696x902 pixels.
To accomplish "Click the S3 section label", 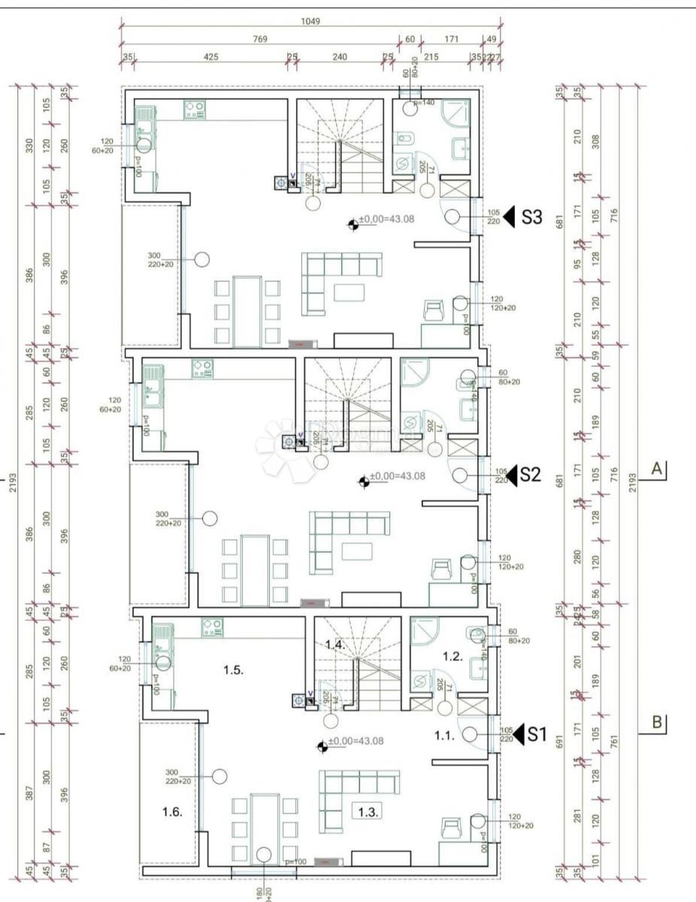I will tap(531, 217).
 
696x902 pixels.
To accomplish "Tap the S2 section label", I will tap(531, 475).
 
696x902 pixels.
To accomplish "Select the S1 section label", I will tap(534, 734).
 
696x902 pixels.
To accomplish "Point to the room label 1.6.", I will tap(172, 812).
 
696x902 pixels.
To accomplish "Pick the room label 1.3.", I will tap(369, 813).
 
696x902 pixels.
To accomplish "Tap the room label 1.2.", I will tap(452, 656).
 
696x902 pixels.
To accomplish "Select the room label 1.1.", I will tap(445, 736).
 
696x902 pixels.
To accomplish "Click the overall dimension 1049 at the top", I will tap(310, 21).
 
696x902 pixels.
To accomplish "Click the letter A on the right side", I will tap(656, 469).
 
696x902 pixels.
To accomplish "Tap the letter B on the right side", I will tap(656, 722).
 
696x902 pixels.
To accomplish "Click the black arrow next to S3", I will tap(509, 217).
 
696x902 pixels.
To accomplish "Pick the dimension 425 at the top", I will tap(211, 56).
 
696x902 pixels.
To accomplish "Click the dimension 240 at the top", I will tap(340, 56).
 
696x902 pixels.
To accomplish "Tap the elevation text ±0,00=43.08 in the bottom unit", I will tap(356, 741).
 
